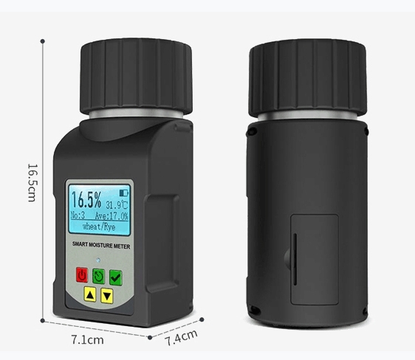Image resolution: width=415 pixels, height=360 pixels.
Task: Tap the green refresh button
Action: (x=98, y=277)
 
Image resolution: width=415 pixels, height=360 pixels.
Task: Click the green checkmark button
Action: (x=116, y=278)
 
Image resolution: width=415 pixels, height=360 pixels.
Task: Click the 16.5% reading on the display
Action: (x=86, y=200)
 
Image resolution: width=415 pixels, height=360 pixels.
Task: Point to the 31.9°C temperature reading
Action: (x=117, y=205)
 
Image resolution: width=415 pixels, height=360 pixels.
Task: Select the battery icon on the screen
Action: (x=123, y=193)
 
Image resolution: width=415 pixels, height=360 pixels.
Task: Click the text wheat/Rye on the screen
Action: (x=99, y=226)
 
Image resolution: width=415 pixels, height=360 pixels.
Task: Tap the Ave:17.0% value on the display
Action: (x=112, y=216)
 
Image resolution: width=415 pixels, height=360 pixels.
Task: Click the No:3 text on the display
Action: (x=78, y=215)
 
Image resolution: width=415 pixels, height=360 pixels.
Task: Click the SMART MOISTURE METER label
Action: (x=101, y=245)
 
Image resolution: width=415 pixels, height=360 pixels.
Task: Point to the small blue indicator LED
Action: (x=98, y=260)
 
